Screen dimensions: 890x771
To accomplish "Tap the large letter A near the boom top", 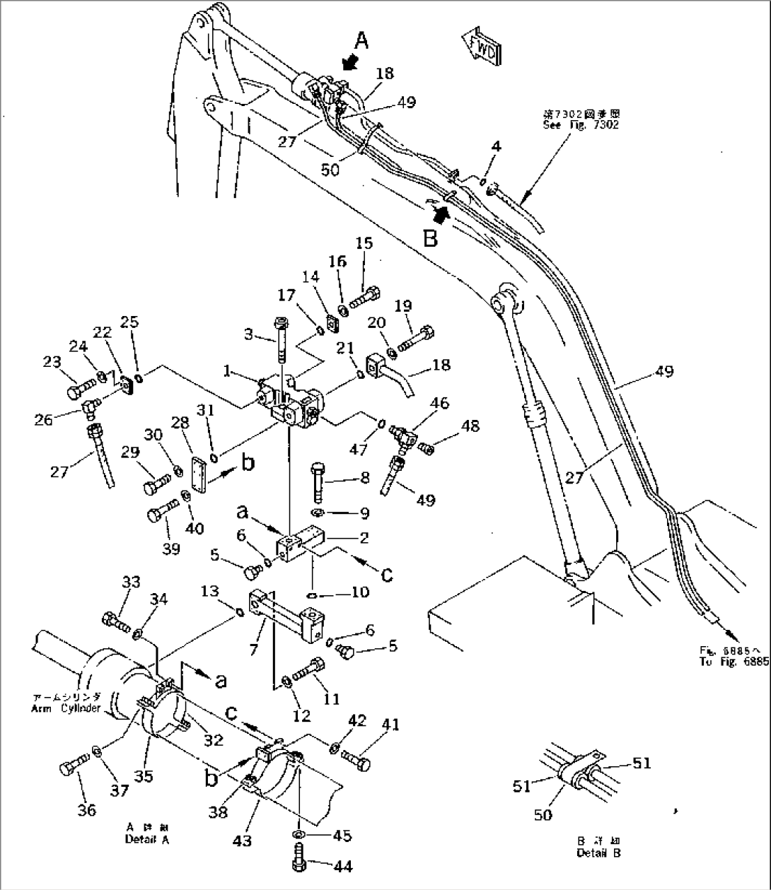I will point(361,42).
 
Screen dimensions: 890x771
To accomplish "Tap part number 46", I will point(439,404).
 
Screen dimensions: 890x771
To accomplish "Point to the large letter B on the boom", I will point(430,238).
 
